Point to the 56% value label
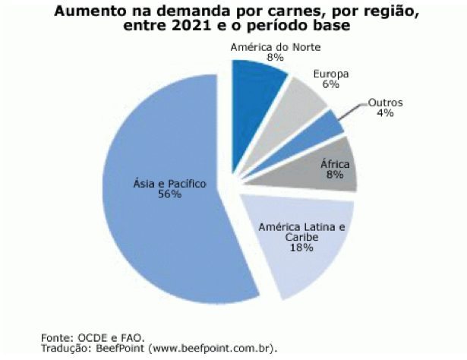pyautogui.click(x=169, y=194)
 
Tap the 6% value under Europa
pyautogui.click(x=330, y=85)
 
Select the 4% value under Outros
pyautogui.click(x=385, y=113)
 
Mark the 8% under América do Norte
pyautogui.click(x=274, y=57)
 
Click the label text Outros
pyautogui.click(x=385, y=103)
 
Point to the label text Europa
pyautogui.click(x=331, y=74)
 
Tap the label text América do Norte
pyautogui.click(x=276, y=46)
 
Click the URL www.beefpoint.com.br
pyautogui.click(x=213, y=348)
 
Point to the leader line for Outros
pyautogui.click(x=352, y=111)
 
